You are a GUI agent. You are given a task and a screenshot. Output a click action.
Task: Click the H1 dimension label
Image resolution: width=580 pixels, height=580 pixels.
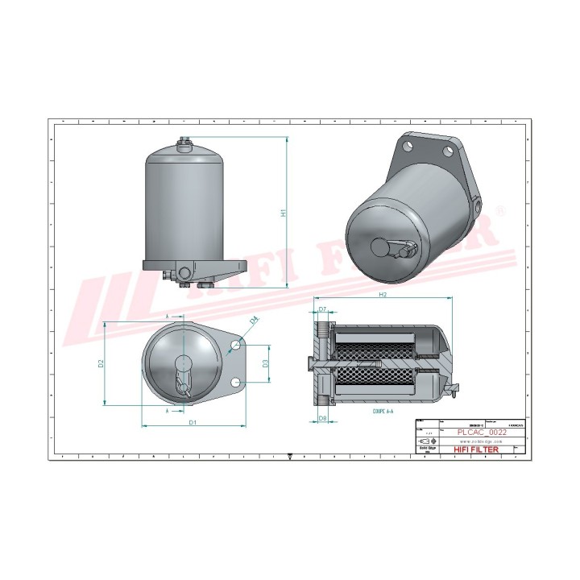tap(283, 213)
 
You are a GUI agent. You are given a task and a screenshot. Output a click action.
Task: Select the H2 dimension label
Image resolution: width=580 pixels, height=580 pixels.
tap(383, 296)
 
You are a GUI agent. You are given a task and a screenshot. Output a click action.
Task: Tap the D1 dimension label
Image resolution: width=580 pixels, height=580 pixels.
tap(193, 422)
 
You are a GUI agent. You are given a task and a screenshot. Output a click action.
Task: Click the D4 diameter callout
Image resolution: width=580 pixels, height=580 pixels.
tap(255, 321)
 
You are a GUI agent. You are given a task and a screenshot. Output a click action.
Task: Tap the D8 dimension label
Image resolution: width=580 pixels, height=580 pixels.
tap(322, 418)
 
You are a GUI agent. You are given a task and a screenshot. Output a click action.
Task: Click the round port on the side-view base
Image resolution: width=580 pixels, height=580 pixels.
tap(185, 271)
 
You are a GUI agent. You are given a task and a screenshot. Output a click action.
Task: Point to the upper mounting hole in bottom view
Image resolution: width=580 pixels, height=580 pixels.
tap(235, 345)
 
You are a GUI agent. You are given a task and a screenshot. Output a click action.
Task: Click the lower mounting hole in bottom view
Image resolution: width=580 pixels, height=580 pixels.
tap(235, 382)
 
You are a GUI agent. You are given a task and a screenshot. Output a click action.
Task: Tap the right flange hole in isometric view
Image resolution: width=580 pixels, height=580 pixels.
tap(448, 151)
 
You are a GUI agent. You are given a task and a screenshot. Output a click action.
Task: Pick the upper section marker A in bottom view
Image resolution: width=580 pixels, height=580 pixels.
tap(168, 317)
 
